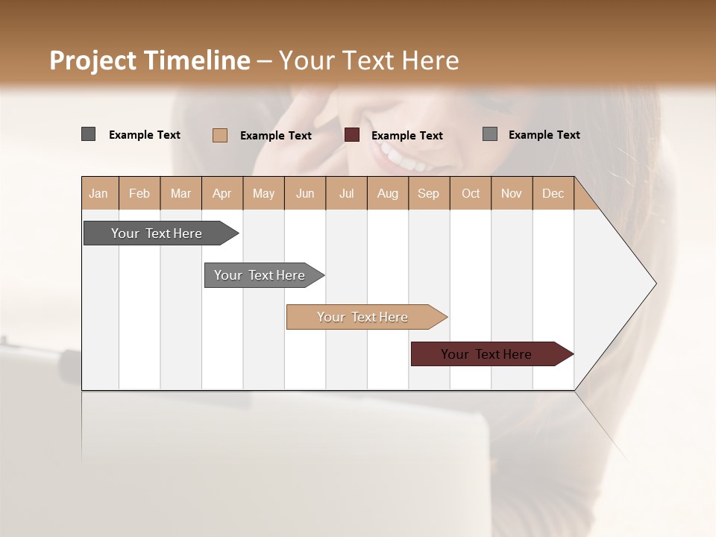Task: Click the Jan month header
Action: point(98,193)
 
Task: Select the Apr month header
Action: point(222,193)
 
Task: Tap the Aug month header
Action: point(387,193)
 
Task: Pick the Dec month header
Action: point(553,193)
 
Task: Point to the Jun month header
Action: point(305,193)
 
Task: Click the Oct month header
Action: point(471,193)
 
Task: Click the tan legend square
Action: point(219,135)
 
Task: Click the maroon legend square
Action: point(352,134)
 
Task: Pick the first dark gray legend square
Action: point(88,134)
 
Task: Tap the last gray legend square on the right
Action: point(489,134)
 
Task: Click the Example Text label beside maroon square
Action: point(406,135)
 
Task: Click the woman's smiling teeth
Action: point(403,158)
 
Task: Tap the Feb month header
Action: point(139,193)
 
